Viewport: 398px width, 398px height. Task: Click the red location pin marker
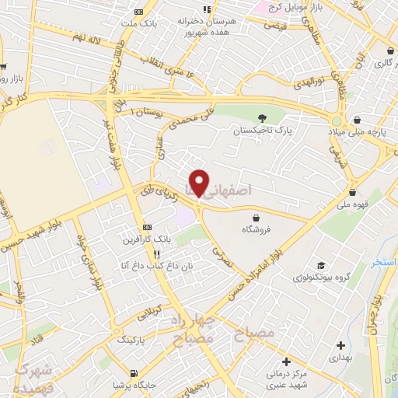pyautogui.click(x=199, y=183)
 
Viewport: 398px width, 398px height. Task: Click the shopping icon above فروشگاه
pyautogui.click(x=256, y=217)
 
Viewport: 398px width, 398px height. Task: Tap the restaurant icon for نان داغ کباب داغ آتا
pyautogui.click(x=156, y=253)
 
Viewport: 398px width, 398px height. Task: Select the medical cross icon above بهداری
pyautogui.click(x=340, y=344)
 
